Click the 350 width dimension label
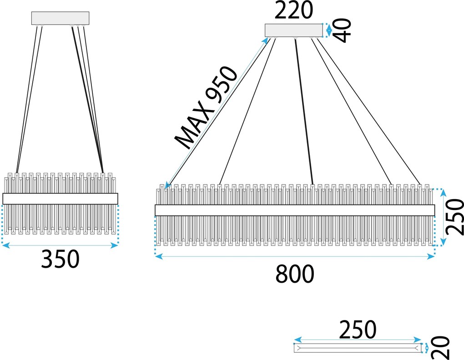point(60,259)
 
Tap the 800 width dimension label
point(295,274)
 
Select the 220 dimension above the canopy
point(293,10)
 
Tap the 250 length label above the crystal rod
point(358,329)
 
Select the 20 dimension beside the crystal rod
point(441,348)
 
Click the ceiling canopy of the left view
point(61,18)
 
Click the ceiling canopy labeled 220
point(293,30)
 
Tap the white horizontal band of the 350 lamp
point(61,199)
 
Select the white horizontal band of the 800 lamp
point(295,210)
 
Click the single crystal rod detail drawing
point(358,348)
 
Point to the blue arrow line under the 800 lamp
point(295,256)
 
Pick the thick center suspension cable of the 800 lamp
point(304,112)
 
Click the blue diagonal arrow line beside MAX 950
point(217,113)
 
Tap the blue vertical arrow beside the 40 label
point(328,30)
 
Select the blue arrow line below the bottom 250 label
point(358,340)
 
